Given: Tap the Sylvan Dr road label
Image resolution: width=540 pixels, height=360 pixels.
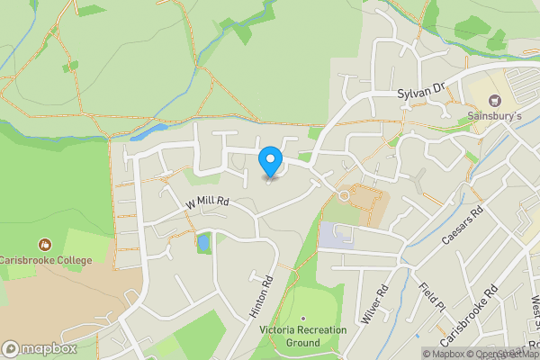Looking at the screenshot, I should pyautogui.click(x=421, y=92).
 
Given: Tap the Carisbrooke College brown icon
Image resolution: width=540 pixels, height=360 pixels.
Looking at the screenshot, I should pyautogui.click(x=45, y=244).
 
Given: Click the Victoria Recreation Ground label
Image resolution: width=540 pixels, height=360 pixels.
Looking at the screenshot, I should pyautogui.click(x=303, y=337).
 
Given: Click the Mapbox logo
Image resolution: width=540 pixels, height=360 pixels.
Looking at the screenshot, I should pyautogui.click(x=39, y=348).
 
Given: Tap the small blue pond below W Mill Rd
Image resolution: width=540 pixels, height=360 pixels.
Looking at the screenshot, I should pyautogui.click(x=203, y=241).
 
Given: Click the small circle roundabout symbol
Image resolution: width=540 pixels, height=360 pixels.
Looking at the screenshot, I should pyautogui.click(x=343, y=195).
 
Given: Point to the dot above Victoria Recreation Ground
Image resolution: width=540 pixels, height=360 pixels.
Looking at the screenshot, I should pyautogui.click(x=303, y=319).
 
